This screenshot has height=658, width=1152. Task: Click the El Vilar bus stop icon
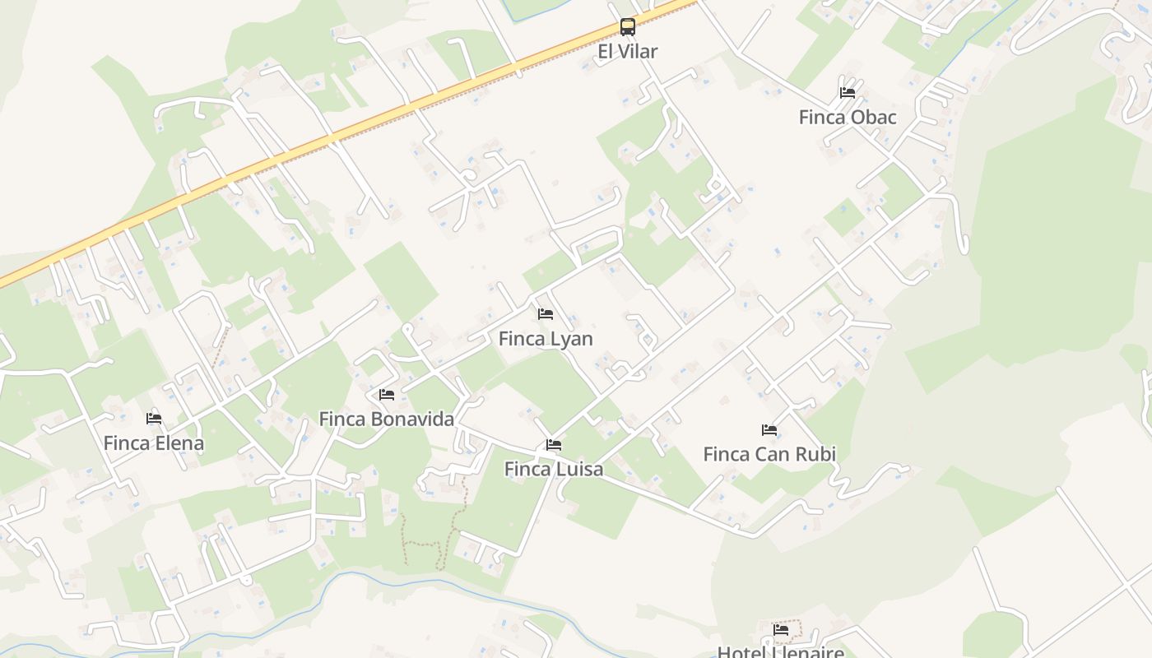628,27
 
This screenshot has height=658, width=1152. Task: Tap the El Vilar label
628,52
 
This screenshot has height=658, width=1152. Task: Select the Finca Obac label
848,117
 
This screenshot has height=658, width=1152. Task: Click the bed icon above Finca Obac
848,92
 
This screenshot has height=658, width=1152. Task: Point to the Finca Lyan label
546,338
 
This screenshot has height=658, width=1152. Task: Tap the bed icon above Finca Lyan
546,313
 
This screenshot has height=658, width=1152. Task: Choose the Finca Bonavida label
387,419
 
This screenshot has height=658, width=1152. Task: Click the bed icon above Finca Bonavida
387,395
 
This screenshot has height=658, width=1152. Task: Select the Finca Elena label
154,443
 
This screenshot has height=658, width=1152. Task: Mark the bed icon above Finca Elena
154,419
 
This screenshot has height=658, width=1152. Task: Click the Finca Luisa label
554,469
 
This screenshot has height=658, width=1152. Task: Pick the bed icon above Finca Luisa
554,445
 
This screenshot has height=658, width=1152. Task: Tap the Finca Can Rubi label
769,453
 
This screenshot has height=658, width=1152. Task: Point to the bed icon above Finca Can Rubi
769,429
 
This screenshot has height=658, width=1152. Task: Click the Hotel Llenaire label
781,652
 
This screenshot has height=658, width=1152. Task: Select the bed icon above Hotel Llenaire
781,630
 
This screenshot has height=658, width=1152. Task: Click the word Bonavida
412,419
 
